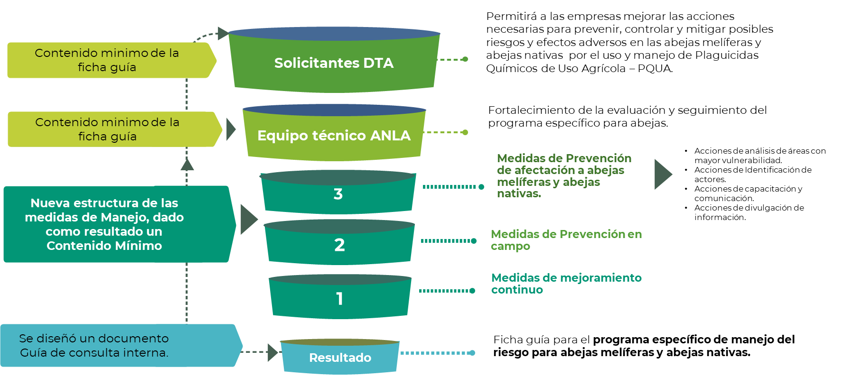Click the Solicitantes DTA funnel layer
(x=334, y=63)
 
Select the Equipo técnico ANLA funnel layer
(x=334, y=136)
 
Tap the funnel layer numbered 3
(x=338, y=194)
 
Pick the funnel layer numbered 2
(x=339, y=245)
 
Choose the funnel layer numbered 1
(x=339, y=298)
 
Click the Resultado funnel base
(x=340, y=358)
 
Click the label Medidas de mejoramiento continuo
(x=566, y=284)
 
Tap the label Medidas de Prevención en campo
(x=566, y=240)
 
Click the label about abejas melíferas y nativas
(x=564, y=175)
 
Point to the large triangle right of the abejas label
(x=662, y=175)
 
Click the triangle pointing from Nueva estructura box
(x=248, y=219)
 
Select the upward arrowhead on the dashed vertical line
(x=187, y=164)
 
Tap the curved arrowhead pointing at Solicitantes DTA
(x=223, y=33)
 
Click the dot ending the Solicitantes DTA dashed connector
(x=465, y=59)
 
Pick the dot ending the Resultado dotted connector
(x=472, y=353)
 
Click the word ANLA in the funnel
(x=390, y=136)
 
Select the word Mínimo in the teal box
(x=140, y=246)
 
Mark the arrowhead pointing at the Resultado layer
(x=272, y=352)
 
